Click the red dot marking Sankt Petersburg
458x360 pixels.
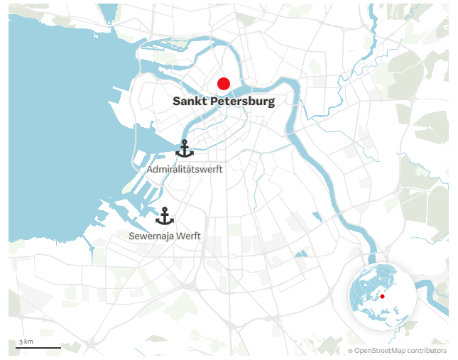click(224, 84)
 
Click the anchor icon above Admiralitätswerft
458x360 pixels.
click(185, 149)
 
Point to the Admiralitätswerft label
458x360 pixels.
click(185, 170)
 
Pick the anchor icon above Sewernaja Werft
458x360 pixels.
click(165, 216)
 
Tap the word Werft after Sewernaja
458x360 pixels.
click(189, 236)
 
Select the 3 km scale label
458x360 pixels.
click(26, 342)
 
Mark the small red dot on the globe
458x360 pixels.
click(382, 296)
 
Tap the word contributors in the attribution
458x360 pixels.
click(427, 351)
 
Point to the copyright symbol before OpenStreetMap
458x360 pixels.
click(350, 351)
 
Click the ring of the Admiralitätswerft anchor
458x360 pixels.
click(185, 142)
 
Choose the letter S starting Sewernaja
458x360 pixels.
click(132, 236)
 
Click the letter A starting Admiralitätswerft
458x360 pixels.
click(150, 170)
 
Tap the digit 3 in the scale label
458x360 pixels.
click(22, 342)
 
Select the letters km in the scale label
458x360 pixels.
click(29, 342)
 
